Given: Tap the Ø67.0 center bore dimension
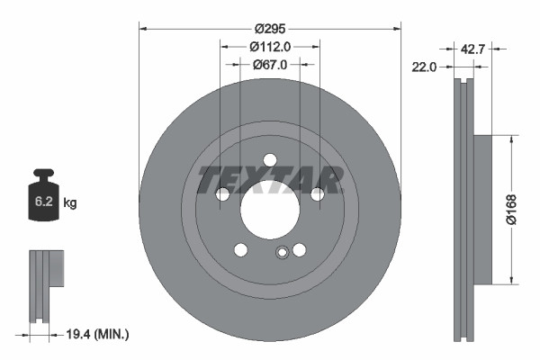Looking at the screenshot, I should click(269, 64).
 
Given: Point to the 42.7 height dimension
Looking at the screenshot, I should click(472, 49).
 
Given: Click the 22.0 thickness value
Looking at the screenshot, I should click(426, 67).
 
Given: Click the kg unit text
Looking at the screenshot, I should click(70, 203).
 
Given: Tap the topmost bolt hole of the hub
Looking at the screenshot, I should click(269, 160).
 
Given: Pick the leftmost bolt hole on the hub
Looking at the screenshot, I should click(222, 194).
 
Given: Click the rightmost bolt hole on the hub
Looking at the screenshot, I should click(317, 194).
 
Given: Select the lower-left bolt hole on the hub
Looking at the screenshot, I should click(240, 250).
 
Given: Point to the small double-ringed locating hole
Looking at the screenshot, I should click(282, 253).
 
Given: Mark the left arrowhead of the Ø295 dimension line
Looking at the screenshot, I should click(142, 28).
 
